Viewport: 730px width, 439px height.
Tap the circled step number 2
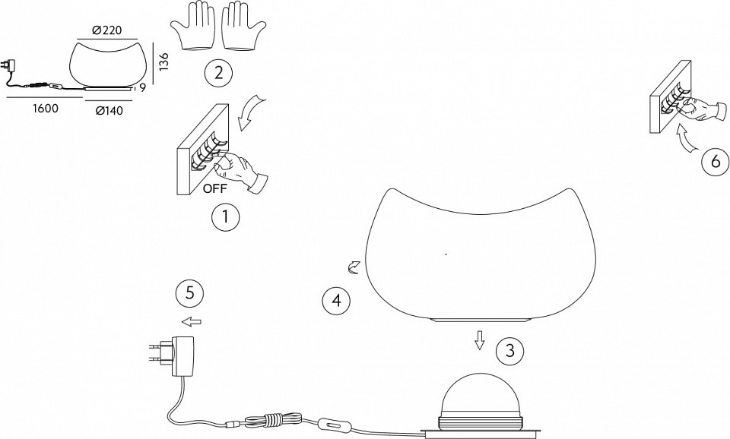217,72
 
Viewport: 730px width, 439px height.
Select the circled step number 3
509,350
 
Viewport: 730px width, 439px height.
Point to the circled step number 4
336,301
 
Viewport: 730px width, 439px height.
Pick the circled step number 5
190,293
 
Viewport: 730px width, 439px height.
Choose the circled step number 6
716,161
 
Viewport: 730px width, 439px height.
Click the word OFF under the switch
215,189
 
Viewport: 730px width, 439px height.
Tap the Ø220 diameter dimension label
106,30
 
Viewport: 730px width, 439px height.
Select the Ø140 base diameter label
109,111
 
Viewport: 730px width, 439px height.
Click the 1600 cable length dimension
45,109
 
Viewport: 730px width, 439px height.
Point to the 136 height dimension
164,62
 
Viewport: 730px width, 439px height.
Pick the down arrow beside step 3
479,340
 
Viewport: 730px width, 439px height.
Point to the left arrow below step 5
192,321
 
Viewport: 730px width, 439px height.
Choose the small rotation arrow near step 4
354,268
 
